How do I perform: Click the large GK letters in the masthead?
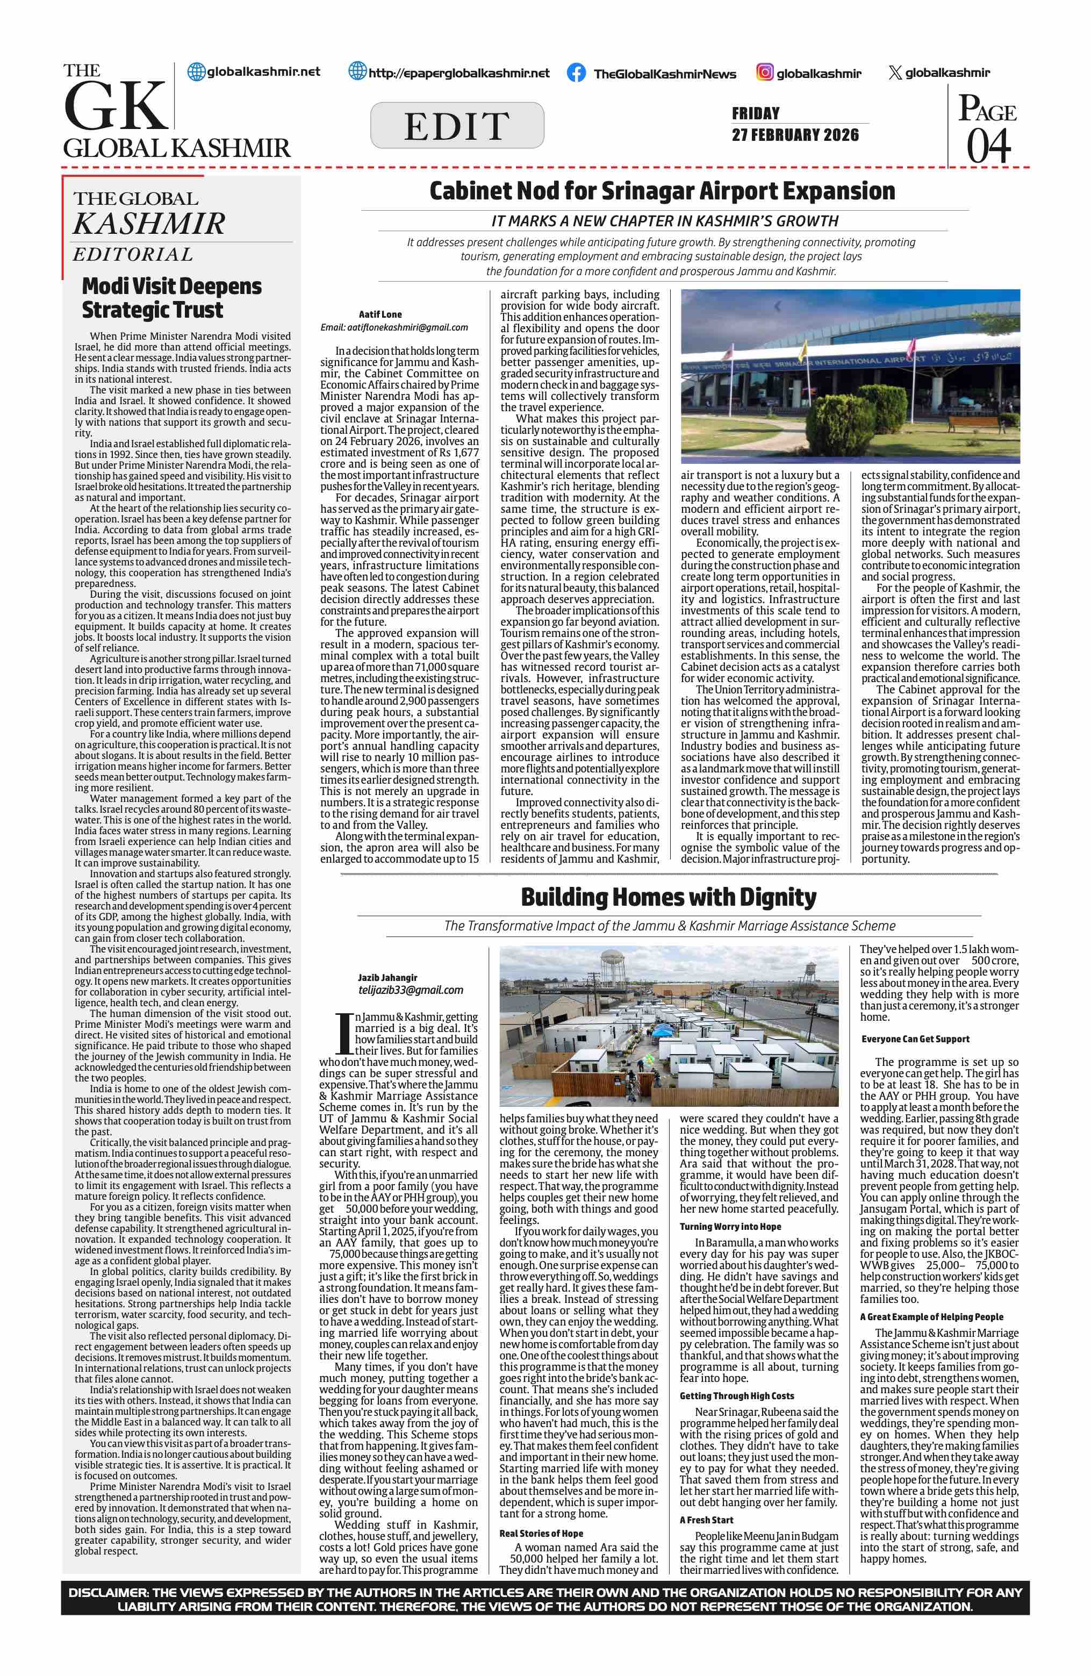pyautogui.click(x=116, y=106)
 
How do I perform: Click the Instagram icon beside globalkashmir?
pyautogui.click(x=765, y=72)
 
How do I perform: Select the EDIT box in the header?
pyautogui.click(x=457, y=125)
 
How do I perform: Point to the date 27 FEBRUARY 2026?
pyautogui.click(x=795, y=134)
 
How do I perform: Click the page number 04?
pyautogui.click(x=988, y=146)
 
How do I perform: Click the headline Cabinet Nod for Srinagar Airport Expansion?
pyautogui.click(x=662, y=191)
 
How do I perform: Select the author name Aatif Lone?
pyautogui.click(x=380, y=314)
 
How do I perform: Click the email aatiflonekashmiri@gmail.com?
pyautogui.click(x=394, y=327)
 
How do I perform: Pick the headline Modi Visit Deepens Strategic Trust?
pyautogui.click(x=172, y=298)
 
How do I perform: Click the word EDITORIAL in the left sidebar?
pyautogui.click(x=133, y=254)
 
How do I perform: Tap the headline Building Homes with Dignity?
pyautogui.click(x=668, y=897)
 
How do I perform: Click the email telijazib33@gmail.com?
pyautogui.click(x=411, y=990)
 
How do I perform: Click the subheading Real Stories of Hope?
pyautogui.click(x=541, y=1533)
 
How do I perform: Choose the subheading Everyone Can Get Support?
pyautogui.click(x=915, y=1038)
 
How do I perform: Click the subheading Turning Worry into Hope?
pyautogui.click(x=730, y=1226)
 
